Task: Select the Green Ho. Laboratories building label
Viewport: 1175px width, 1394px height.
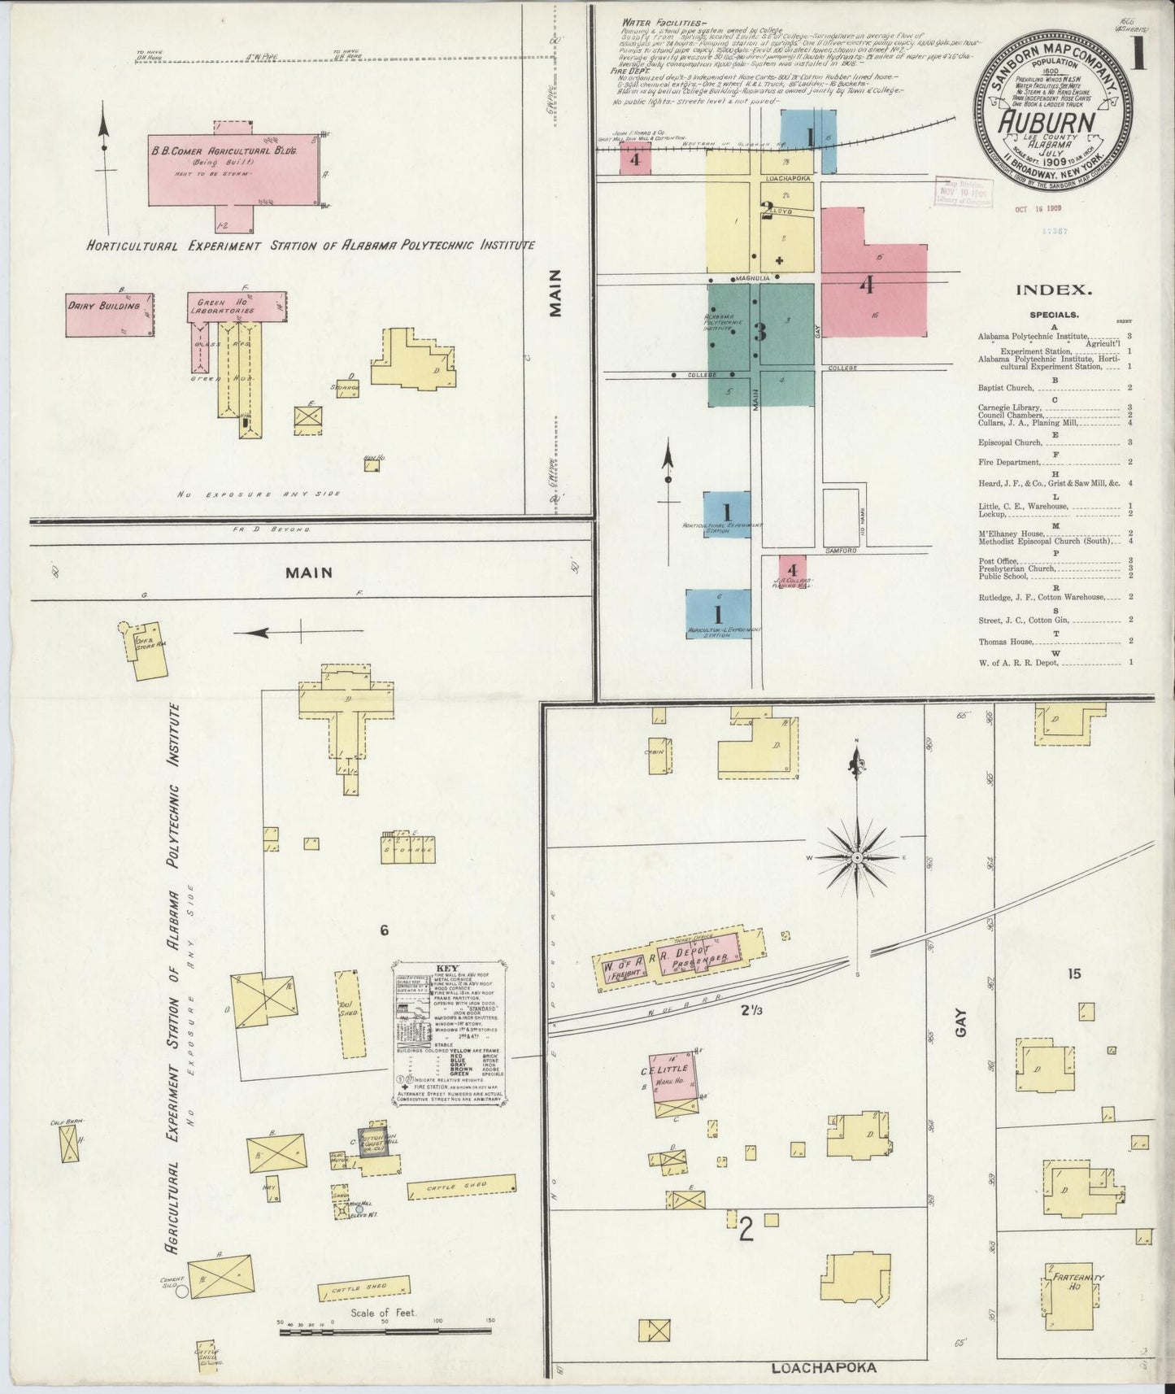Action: (221, 306)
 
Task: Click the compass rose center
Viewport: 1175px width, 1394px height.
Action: (858, 857)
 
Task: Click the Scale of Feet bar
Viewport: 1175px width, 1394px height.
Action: (385, 1331)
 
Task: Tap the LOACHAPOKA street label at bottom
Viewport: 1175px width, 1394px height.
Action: (824, 1368)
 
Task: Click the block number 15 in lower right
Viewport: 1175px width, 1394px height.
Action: (1074, 973)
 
